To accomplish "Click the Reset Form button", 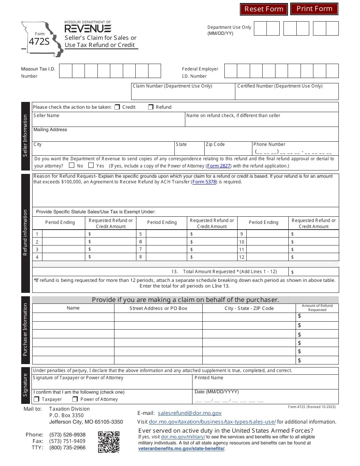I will point(264,9).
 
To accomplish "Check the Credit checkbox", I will point(117,107).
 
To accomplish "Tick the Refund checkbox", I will point(150,107).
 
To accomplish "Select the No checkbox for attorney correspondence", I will point(72,166).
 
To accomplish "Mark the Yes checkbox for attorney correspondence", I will point(91,166).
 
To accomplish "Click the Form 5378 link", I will point(204,182).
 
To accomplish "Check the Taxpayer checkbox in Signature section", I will point(36,399).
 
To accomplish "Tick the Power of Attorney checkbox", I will point(75,399).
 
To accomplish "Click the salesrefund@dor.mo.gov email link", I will point(189,413).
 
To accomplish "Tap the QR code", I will point(109,442).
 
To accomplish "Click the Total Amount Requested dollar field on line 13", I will point(314,272).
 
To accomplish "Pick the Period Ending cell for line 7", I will point(166,249).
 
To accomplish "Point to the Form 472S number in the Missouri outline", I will point(39,42).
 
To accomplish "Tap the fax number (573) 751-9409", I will point(67,441).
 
